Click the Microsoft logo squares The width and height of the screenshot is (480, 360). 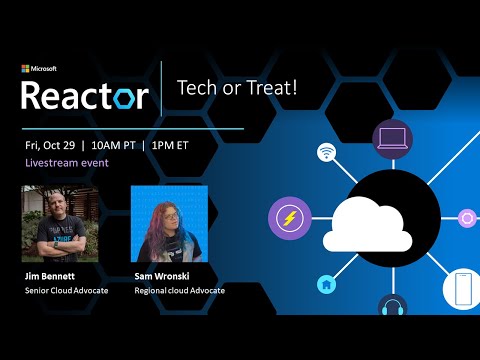[26, 69]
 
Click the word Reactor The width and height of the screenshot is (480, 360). [85, 95]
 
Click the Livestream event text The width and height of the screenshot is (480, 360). [67, 162]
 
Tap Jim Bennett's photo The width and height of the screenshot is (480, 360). [59, 223]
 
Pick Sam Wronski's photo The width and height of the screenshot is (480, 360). [169, 223]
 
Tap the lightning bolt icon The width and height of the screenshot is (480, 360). [289, 217]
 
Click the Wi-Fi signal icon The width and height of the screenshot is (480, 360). [326, 153]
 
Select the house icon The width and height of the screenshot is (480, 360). [326, 284]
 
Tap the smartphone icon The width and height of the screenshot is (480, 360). [462, 289]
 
